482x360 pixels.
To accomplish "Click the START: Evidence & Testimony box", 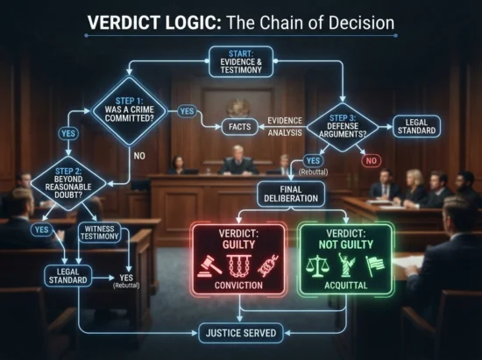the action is coord(241,61).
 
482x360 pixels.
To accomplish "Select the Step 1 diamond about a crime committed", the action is coord(130,111).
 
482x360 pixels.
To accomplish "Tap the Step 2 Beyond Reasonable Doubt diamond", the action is coord(68,183).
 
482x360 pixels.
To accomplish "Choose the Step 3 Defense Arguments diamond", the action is coord(343,127).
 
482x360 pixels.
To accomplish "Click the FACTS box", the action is coord(240,126).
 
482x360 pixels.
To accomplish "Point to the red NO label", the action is coord(371,160).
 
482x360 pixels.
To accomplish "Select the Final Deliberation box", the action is coord(291,194).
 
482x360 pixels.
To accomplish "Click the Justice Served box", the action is coord(241,333).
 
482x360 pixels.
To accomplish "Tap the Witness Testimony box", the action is coord(99,232).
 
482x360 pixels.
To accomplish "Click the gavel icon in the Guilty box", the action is coord(209,265).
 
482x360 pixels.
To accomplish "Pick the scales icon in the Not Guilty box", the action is coord(318,265).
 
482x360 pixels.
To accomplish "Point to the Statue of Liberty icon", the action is coord(346,265).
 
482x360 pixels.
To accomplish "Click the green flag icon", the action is coord(375,265).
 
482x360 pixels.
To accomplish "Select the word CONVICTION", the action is coord(238,286).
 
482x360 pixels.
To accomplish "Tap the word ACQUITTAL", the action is coord(346,286).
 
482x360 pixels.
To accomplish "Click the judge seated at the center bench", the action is coord(237,161).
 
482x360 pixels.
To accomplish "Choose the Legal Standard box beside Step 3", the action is coord(416,126).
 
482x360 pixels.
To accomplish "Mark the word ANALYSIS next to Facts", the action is coord(285,133).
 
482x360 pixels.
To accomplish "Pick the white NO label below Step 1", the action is coord(139,156).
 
